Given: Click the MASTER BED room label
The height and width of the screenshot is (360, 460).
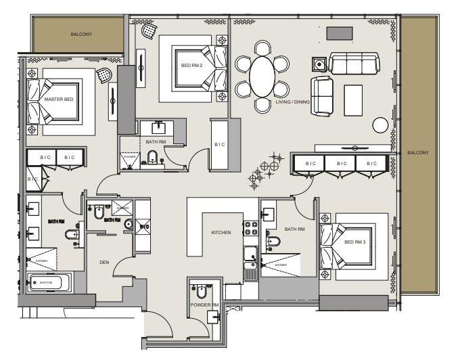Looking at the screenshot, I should (x=58, y=99).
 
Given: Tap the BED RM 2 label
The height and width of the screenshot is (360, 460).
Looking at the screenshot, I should (x=191, y=66).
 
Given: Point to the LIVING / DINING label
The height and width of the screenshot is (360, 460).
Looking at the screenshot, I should (x=293, y=102).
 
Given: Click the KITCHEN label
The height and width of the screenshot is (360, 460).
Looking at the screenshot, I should (x=221, y=233).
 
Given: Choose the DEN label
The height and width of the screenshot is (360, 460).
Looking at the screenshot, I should (x=104, y=262).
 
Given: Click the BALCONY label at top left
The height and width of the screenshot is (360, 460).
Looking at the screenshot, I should (x=81, y=33).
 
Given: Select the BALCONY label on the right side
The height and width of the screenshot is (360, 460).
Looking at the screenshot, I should (x=418, y=153).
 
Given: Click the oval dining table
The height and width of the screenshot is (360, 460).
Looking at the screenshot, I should (x=262, y=76).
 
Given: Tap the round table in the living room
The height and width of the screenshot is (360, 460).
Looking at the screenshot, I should (x=381, y=125).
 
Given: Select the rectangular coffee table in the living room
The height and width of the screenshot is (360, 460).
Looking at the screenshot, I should (x=353, y=99).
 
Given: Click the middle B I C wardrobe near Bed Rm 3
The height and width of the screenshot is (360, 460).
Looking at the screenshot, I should (x=340, y=163).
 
